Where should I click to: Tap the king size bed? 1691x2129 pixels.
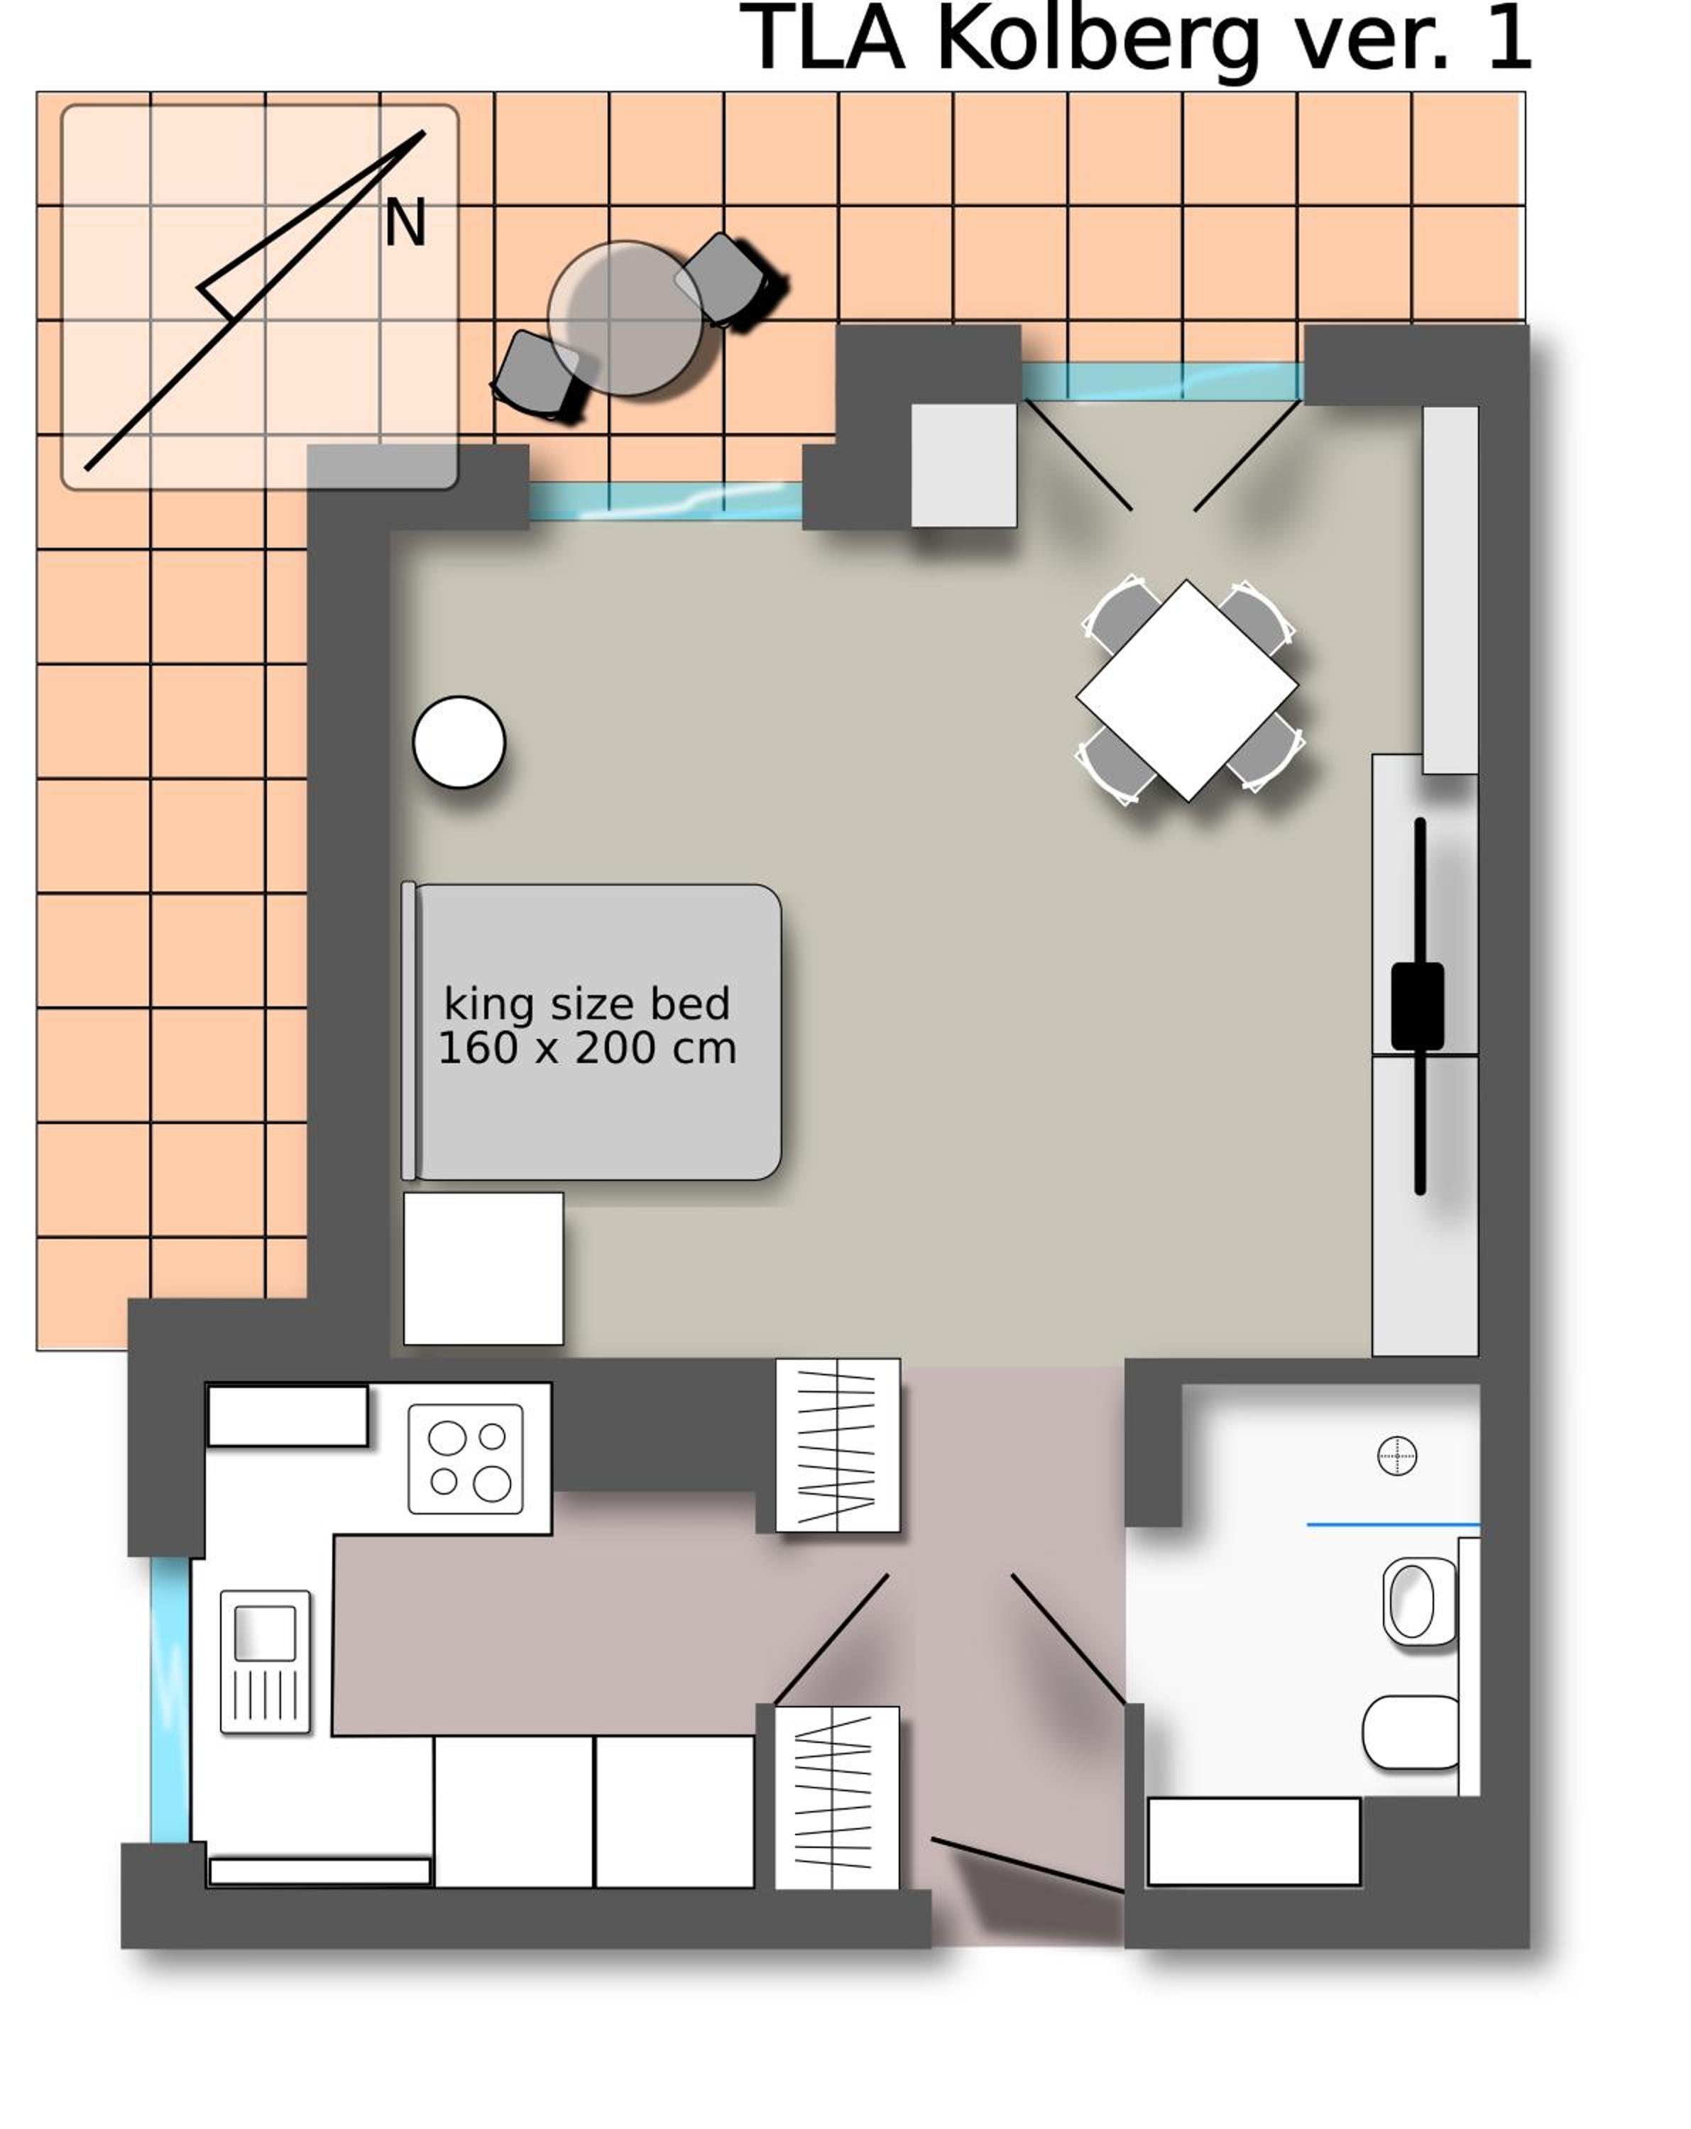591,1031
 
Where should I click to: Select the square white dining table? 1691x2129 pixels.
1186,691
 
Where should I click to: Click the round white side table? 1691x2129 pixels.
459,742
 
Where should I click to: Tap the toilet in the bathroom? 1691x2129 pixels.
1411,1732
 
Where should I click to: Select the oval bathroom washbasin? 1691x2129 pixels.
1418,1602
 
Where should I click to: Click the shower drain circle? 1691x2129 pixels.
1396,1456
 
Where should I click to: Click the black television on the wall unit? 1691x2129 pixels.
1418,1006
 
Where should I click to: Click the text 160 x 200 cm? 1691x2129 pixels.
586,1047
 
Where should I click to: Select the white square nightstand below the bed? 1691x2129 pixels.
483,1268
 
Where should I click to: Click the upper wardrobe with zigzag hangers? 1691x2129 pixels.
838,1445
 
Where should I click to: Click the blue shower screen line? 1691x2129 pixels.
1393,1526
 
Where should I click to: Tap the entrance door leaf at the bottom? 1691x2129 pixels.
1027,1865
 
